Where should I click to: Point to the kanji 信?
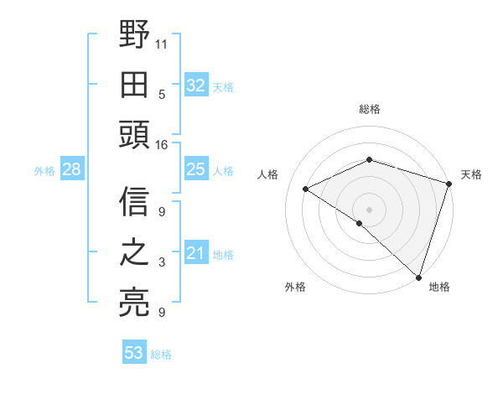pos(134,201)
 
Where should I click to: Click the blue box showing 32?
pos(195,86)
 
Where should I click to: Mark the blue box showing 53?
pos(133,353)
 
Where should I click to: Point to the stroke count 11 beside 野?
pos(162,43)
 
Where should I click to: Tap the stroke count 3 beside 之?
pos(162,262)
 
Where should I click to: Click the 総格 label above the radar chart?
pos(369,109)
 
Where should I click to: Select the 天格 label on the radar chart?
pos(471,174)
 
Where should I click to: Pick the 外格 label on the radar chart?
pos(295,287)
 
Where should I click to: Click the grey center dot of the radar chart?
pos(369,209)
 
